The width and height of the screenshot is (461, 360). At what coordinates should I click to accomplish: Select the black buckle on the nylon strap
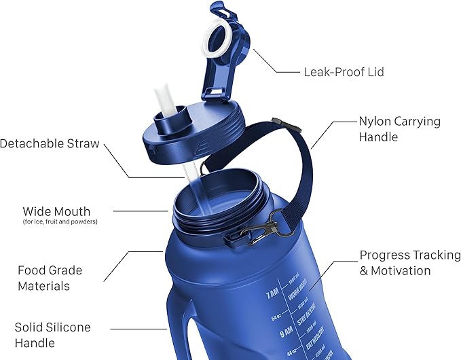click(x=276, y=122)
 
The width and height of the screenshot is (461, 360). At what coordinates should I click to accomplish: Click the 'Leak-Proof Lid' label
click(x=338, y=71)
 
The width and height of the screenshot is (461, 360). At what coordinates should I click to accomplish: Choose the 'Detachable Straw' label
click(x=50, y=144)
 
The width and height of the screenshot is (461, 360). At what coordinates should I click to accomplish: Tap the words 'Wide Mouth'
click(x=56, y=211)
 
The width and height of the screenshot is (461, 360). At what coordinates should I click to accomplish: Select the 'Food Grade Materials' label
click(x=50, y=278)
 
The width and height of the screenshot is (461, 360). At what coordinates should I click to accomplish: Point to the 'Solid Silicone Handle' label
click(x=52, y=336)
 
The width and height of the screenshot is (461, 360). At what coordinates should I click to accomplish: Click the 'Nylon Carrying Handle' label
click(x=399, y=129)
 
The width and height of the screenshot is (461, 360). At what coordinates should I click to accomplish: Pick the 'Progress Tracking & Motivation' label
click(x=409, y=263)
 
